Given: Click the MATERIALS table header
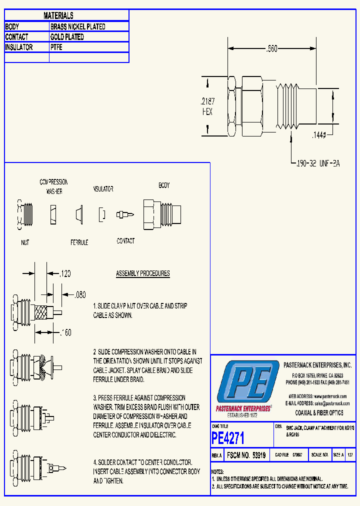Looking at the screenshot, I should [58, 16].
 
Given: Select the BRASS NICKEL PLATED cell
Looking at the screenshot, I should [78, 26].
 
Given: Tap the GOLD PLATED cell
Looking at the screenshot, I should [67, 37].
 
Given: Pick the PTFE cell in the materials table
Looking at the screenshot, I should [56, 47].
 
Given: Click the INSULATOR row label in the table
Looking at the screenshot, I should [19, 47].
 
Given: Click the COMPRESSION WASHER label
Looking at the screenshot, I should [53, 186].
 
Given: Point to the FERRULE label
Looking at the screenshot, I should [79, 242].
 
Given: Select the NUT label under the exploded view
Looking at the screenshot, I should [25, 242].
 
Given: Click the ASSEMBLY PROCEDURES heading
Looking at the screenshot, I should [143, 273].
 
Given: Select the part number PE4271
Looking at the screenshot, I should [228, 438].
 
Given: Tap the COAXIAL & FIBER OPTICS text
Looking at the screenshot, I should [319, 413].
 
